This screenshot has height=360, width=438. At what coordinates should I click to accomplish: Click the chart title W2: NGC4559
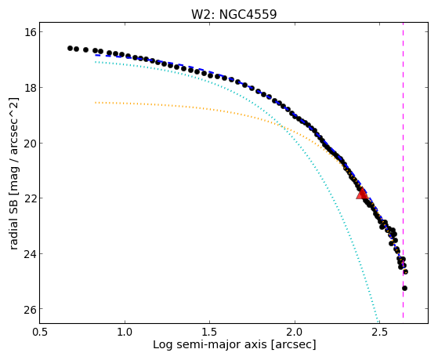click(233, 15)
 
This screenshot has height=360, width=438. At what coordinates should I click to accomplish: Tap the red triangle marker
click(362, 194)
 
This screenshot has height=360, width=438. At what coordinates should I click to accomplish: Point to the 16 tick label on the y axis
click(30, 32)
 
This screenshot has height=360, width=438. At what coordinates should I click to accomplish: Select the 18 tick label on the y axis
click(30, 88)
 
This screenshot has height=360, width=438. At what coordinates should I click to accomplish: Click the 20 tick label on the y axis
click(30, 143)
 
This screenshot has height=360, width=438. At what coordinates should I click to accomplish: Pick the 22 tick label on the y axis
click(30, 198)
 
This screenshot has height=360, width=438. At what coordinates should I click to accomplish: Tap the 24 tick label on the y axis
click(30, 253)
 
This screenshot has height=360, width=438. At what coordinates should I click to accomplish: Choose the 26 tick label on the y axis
click(30, 309)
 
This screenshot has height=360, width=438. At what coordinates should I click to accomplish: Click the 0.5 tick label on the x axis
click(40, 332)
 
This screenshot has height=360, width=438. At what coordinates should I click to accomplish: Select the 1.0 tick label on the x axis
click(125, 332)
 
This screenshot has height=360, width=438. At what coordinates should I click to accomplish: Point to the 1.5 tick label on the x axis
click(210, 332)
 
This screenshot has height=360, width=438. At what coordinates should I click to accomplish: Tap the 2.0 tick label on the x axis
click(295, 332)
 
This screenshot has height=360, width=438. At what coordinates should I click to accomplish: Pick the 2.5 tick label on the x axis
click(380, 332)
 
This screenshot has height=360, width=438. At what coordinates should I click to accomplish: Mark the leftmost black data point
click(70, 48)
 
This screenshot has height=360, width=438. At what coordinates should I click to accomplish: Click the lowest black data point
click(404, 288)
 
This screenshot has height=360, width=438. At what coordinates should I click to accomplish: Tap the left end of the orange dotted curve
click(96, 103)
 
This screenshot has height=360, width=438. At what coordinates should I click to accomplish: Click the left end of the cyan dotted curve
click(96, 62)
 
